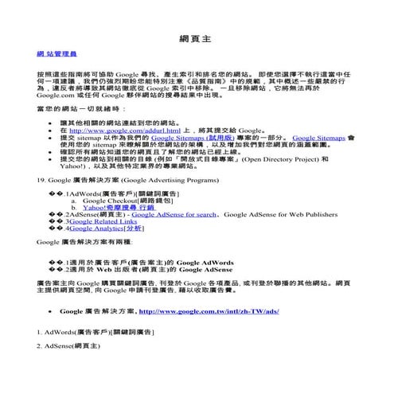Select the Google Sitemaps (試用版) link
(190, 138)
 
